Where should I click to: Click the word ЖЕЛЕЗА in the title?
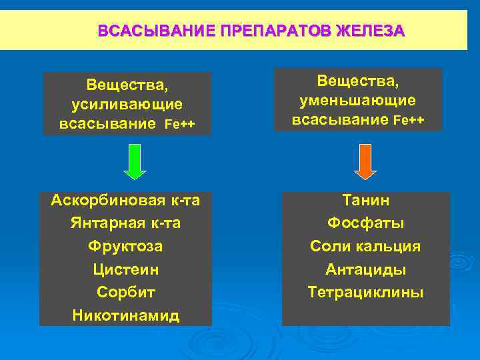point(370,31)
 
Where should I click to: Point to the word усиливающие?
point(127,105)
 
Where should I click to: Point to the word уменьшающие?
point(358,100)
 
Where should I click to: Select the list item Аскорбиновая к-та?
point(125,200)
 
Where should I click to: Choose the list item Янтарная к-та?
point(125,223)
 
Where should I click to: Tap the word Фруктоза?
point(125,246)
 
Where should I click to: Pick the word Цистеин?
point(125,269)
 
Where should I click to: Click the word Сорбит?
point(125,292)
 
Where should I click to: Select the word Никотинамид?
point(125,315)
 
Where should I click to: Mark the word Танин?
point(365,200)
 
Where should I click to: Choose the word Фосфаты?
point(365,223)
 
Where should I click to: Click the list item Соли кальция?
point(365,246)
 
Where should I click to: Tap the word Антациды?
point(365,269)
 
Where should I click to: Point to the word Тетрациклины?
point(365,292)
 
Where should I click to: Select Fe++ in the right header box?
point(409,120)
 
